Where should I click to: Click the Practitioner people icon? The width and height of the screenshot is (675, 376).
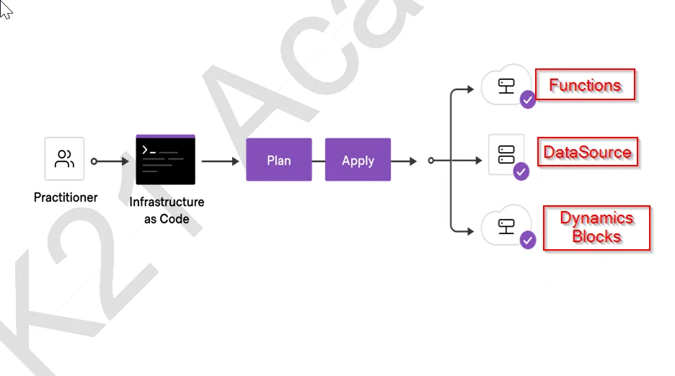pyautogui.click(x=64, y=158)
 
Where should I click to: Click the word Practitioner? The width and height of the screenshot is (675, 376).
pyautogui.click(x=66, y=197)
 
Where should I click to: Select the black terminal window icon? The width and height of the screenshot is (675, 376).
pyautogui.click(x=165, y=159)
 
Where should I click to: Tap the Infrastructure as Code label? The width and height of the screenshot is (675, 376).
pyautogui.click(x=167, y=210)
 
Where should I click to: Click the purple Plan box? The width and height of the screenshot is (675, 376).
pyautogui.click(x=278, y=160)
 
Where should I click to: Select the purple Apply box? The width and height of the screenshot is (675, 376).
pyautogui.click(x=358, y=160)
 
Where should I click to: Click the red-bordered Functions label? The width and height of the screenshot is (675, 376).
pyautogui.click(x=585, y=85)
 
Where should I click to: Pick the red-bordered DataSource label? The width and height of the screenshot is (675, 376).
pyautogui.click(x=587, y=152)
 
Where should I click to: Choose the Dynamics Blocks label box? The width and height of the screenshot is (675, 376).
pyautogui.click(x=596, y=228)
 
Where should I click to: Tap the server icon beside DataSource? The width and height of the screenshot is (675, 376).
pyautogui.click(x=506, y=153)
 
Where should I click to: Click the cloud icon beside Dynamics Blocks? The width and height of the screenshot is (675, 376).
pyautogui.click(x=506, y=227)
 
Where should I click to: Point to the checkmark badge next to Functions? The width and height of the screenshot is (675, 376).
pyautogui.click(x=528, y=100)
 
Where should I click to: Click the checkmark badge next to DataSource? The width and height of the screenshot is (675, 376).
pyautogui.click(x=521, y=171)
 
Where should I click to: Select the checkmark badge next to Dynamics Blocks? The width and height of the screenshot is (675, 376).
pyautogui.click(x=528, y=241)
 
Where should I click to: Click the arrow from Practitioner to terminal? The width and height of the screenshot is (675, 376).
pyautogui.click(x=110, y=161)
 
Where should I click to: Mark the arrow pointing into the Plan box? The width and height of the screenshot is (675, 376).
pyautogui.click(x=221, y=161)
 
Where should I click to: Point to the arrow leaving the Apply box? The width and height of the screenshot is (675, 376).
pyautogui.click(x=405, y=161)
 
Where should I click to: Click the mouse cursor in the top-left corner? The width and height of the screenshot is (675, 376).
pyautogui.click(x=6, y=10)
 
